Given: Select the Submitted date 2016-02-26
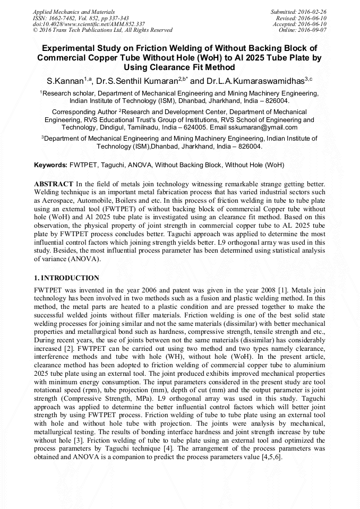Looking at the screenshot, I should point(313,12).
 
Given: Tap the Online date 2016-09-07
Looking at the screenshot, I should point(313,30).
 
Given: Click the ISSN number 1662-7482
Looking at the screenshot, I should point(62,18).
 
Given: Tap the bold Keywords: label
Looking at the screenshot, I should point(50,165).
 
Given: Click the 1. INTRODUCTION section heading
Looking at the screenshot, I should point(66,278).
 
